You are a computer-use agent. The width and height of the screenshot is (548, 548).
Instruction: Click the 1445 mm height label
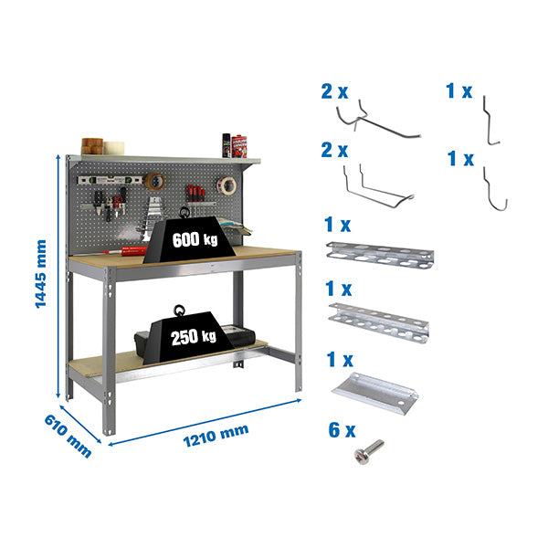coord(41,274)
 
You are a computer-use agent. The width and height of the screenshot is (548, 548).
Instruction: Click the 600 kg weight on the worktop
coord(192,242)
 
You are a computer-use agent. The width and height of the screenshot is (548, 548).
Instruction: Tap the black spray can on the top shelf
coord(225,145)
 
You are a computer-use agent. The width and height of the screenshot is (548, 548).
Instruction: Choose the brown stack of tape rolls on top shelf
coord(92,145)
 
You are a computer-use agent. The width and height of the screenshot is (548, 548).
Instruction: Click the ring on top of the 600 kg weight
coord(185,213)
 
